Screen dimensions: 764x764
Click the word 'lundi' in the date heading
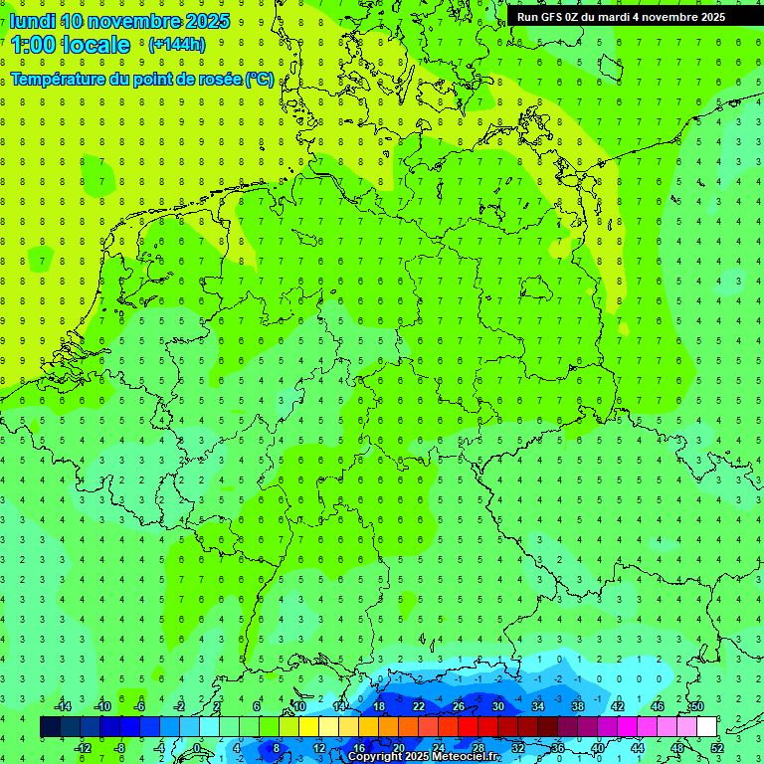click(x=32, y=21)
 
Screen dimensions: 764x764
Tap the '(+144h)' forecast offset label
click(x=176, y=45)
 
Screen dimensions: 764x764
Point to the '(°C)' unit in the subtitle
click(x=260, y=79)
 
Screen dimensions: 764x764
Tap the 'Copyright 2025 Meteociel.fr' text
click(x=424, y=757)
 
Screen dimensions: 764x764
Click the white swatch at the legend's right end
click(x=706, y=727)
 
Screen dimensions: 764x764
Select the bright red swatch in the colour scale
click(x=468, y=727)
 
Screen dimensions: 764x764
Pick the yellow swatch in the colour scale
click(x=308, y=727)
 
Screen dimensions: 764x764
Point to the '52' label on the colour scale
click(x=717, y=748)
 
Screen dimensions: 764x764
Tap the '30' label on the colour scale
click(x=497, y=706)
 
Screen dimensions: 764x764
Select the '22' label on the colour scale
click(x=418, y=706)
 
